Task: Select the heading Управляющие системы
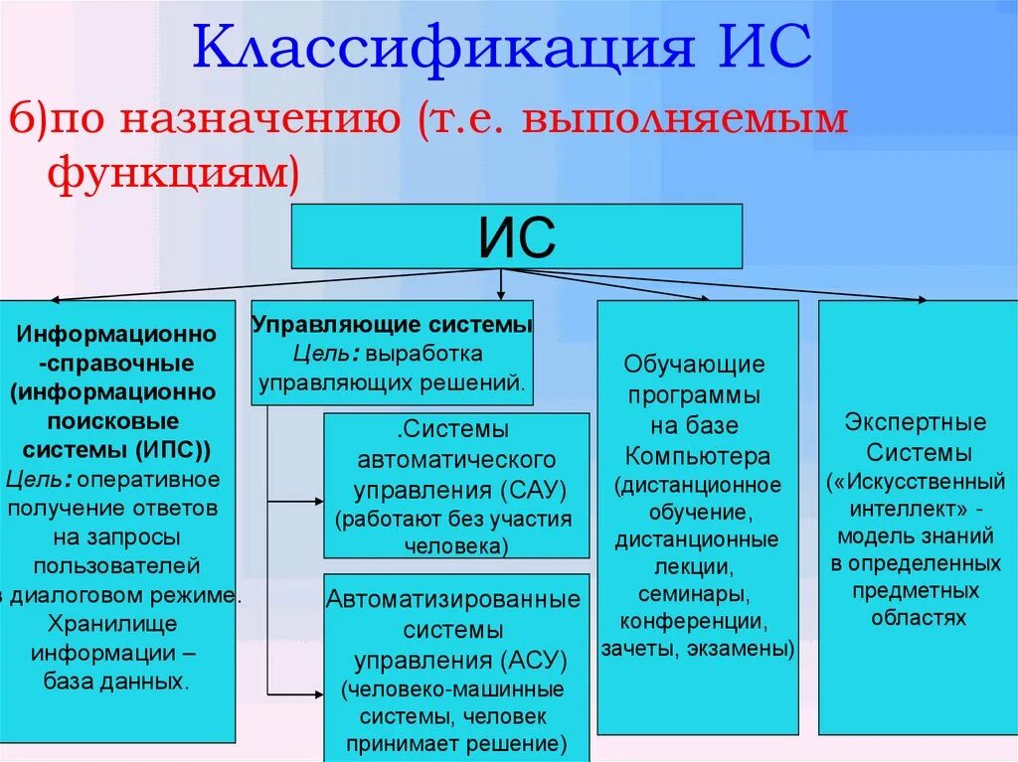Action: coord(392,325)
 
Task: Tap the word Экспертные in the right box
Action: coord(916,422)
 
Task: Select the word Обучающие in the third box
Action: coord(694,364)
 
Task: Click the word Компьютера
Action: coord(697,456)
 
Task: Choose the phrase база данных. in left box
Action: coord(116,682)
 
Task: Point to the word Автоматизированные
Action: coord(453,600)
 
